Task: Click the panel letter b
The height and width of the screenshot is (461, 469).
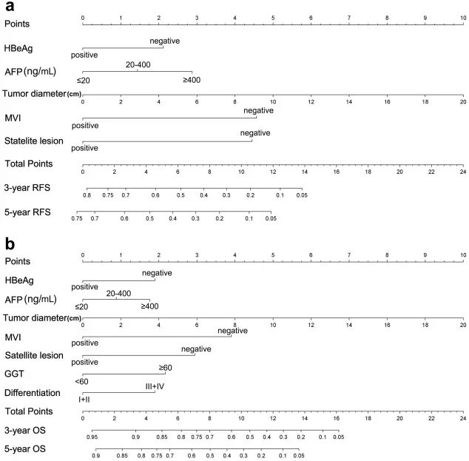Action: (x=9, y=243)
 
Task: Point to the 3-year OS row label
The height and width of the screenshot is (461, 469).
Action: (x=24, y=430)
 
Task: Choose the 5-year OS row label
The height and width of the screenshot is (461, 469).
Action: (x=24, y=449)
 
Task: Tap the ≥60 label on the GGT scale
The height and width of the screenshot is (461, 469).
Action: (x=165, y=367)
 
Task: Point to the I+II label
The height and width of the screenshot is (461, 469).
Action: (x=84, y=400)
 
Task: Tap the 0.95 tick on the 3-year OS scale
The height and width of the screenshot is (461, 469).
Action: (x=92, y=438)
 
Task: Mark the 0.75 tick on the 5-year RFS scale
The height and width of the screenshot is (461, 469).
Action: (x=77, y=219)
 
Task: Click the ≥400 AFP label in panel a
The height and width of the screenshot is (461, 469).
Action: (x=192, y=80)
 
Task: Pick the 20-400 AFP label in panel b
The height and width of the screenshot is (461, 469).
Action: (x=118, y=294)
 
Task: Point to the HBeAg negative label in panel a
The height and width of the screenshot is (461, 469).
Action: (x=164, y=41)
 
